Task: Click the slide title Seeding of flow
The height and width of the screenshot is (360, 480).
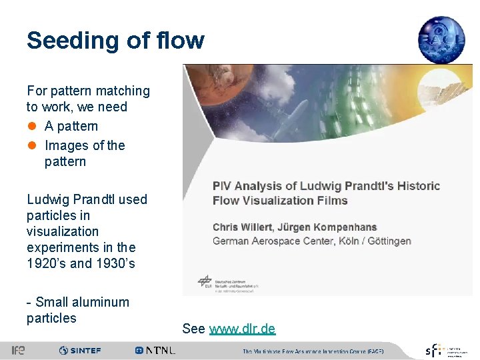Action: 115,41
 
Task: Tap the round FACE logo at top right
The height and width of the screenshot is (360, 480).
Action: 441,39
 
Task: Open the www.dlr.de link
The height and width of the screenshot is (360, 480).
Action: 242,329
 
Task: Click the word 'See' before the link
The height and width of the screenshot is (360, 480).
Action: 193,329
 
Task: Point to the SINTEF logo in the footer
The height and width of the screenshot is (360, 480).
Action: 80,350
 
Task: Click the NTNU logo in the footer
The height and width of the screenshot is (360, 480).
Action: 155,350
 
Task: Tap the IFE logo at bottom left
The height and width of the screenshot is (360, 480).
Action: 18,350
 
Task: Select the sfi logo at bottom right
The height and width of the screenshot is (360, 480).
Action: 433,350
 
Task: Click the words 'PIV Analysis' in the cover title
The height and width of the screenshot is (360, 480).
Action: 242,186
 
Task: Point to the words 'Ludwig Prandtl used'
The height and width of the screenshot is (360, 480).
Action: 87,199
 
